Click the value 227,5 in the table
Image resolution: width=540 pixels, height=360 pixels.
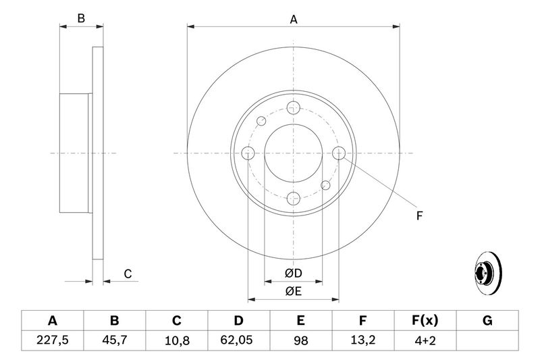point(53,340)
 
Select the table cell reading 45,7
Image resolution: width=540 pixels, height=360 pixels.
point(114,340)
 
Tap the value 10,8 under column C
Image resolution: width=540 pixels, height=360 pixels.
point(177,340)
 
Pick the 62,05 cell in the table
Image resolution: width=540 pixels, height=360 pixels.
point(239,340)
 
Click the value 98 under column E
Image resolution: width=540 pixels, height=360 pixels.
point(300,340)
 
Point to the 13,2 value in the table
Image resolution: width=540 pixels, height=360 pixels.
point(362,340)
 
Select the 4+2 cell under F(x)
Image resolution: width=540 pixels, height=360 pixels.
point(425,340)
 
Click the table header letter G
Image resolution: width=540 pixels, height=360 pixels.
point(487,321)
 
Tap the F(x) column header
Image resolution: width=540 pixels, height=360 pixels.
point(425,321)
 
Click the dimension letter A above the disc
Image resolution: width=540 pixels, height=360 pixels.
point(294,20)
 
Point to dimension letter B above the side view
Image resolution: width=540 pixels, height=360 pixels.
point(81,18)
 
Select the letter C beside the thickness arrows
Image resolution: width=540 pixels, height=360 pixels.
point(128,274)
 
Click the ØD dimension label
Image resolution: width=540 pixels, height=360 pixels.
point(294,273)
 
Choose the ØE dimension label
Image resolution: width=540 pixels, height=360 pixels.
point(294,292)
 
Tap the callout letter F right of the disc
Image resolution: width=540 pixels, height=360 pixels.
point(419,216)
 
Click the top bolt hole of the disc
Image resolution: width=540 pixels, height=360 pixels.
point(294,108)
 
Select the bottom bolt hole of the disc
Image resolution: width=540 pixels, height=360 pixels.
point(294,199)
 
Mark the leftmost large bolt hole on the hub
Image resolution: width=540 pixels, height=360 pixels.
point(248,153)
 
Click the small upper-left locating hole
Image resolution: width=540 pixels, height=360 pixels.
point(261,122)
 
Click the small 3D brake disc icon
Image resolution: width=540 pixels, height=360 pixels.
point(487,273)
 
